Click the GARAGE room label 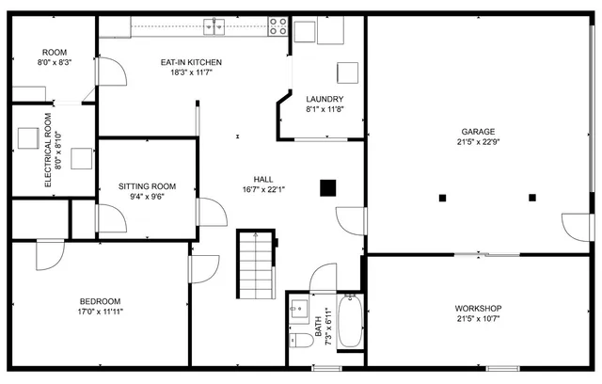478,132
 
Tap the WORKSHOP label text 478,309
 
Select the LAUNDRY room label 325,99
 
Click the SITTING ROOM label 147,186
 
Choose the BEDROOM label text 100,301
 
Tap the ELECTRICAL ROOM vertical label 49,158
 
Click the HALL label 263,179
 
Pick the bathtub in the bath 350,322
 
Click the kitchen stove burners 278,26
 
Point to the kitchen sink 217,25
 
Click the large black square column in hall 327,187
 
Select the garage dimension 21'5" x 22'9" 478,143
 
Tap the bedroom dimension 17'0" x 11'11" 100,312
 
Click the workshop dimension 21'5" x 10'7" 478,319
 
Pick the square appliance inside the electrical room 82,158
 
